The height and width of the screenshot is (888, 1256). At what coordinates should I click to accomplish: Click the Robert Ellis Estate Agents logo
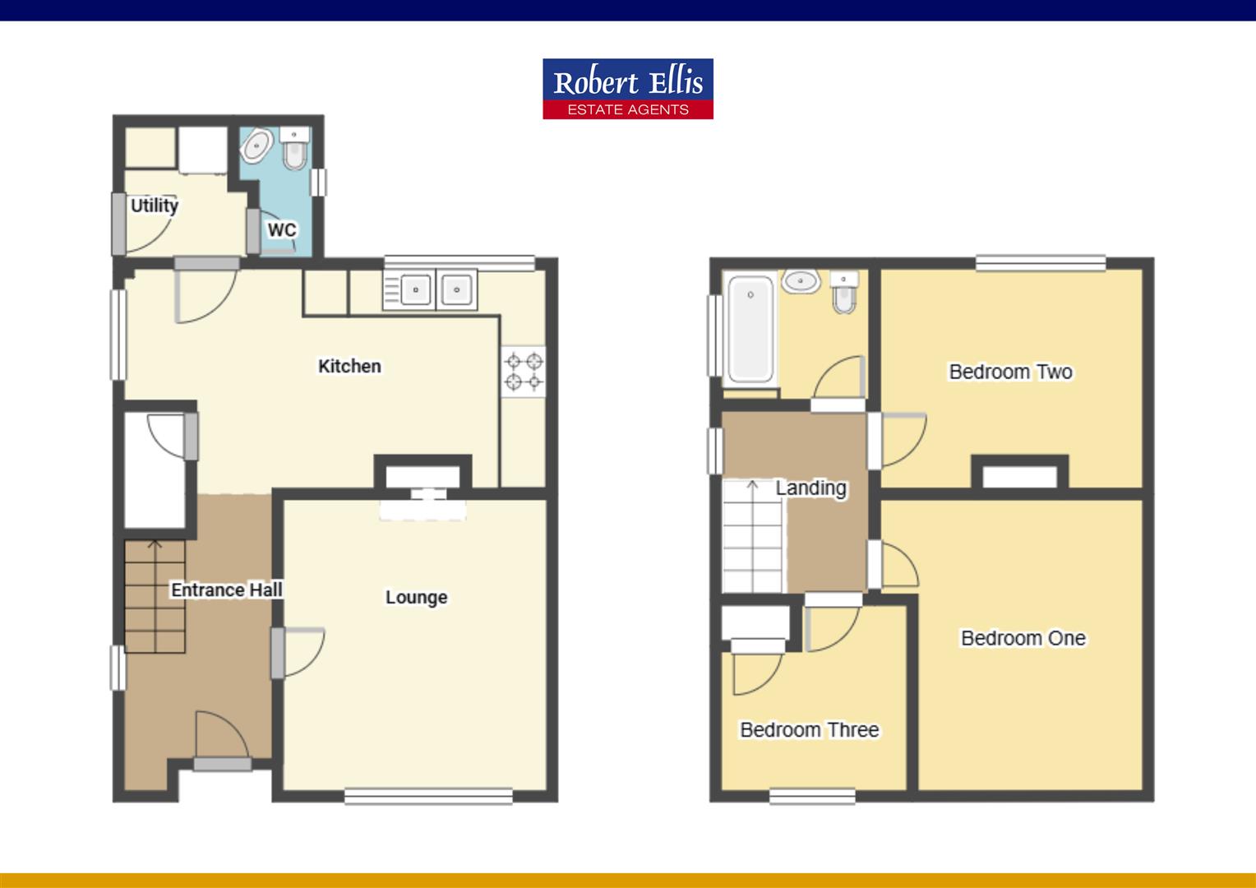tap(627, 89)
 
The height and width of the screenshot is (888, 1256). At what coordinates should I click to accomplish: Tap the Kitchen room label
tap(349, 366)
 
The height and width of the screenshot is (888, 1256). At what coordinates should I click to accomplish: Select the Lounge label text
tap(416, 597)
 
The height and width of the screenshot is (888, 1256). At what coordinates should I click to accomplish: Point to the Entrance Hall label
tap(226, 590)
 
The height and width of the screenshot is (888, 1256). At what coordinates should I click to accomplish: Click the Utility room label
tap(155, 205)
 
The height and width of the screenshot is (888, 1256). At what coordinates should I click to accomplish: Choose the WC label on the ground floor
tap(281, 229)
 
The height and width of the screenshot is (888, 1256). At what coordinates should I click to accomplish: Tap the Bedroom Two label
tap(1010, 372)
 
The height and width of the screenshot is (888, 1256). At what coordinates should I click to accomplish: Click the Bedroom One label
tap(1023, 638)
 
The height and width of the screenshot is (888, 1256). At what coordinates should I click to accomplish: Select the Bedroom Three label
tap(809, 729)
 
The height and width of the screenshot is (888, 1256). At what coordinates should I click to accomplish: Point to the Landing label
tap(810, 488)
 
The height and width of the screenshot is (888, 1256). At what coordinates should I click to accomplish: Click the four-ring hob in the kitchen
tap(524, 371)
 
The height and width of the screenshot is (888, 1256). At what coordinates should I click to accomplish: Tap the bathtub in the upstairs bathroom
tap(750, 329)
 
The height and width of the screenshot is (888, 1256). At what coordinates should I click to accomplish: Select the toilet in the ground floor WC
tap(293, 147)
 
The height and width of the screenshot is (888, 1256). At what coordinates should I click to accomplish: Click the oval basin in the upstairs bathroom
tap(800, 282)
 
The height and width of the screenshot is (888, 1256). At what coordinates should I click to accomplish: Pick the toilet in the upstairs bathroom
tap(844, 292)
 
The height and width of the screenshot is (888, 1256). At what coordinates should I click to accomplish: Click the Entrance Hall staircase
tap(155, 596)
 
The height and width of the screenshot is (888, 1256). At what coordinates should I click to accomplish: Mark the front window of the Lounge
tap(428, 795)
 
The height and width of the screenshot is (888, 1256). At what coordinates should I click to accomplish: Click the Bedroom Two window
tap(1040, 263)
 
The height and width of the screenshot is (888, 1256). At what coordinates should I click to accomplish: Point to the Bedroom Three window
tap(812, 795)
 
